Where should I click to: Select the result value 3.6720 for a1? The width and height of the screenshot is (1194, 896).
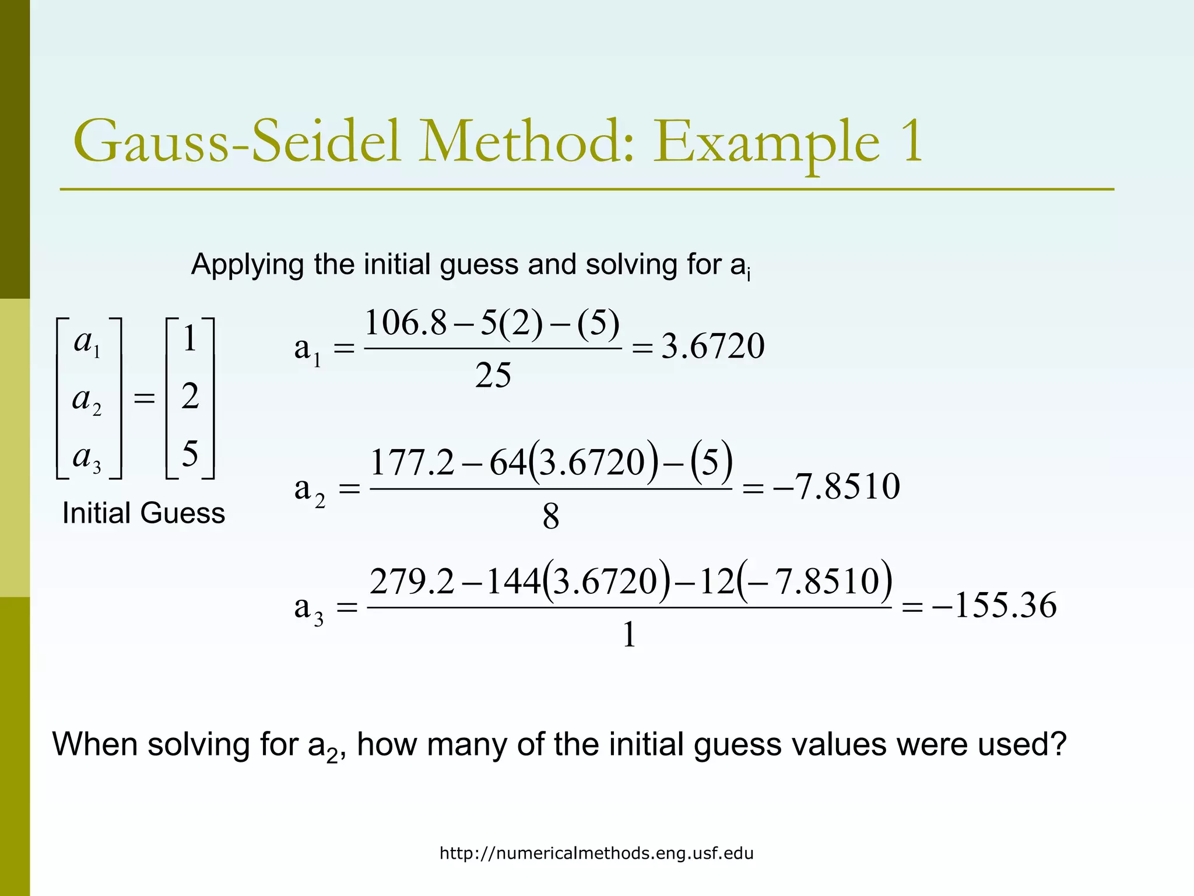[712, 346]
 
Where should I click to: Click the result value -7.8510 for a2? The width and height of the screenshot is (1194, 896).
[837, 487]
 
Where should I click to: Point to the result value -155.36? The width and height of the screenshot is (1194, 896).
[995, 605]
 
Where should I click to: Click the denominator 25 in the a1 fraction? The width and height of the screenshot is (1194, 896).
[493, 375]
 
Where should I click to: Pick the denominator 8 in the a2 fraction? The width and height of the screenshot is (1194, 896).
[550, 517]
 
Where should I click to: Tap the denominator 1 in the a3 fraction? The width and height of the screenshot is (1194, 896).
[628, 635]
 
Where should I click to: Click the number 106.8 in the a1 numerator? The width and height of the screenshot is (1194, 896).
[405, 323]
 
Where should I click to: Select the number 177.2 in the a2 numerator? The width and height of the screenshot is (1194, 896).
[412, 463]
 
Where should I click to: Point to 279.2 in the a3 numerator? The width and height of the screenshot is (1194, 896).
[412, 582]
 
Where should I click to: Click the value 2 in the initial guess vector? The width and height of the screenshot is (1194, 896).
[190, 397]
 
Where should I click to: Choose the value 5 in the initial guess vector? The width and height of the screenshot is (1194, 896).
[190, 453]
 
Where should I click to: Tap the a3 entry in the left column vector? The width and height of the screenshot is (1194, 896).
[87, 457]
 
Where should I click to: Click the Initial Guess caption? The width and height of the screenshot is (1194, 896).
[143, 513]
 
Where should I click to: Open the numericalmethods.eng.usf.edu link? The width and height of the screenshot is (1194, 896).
[596, 853]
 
